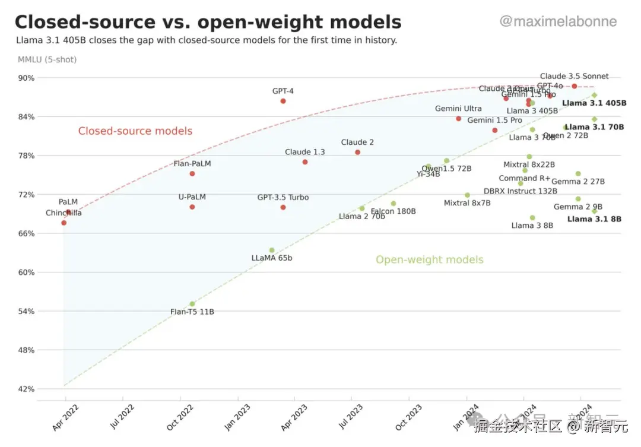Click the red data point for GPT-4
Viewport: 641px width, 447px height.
[x=283, y=101]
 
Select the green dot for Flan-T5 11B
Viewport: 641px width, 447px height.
[x=192, y=304]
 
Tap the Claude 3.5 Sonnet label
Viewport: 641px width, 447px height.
[x=574, y=77]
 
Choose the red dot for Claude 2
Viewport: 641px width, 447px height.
[x=357, y=153]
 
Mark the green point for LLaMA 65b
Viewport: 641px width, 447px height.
[x=272, y=251]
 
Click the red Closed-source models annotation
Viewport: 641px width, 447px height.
[x=135, y=131]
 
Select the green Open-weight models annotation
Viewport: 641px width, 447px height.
[x=430, y=259]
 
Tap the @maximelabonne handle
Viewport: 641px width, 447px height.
[x=558, y=22]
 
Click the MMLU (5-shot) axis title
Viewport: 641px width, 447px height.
[x=47, y=59]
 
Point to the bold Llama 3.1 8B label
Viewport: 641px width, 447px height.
[x=594, y=219]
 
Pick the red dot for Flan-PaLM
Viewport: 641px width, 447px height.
[x=192, y=173]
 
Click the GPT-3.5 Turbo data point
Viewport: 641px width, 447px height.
[x=283, y=207]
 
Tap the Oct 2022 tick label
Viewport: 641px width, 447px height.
[x=182, y=417]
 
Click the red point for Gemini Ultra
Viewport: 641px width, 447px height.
[x=458, y=119]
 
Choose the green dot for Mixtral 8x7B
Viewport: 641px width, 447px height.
[x=467, y=195]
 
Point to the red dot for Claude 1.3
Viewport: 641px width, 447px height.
[x=305, y=162]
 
